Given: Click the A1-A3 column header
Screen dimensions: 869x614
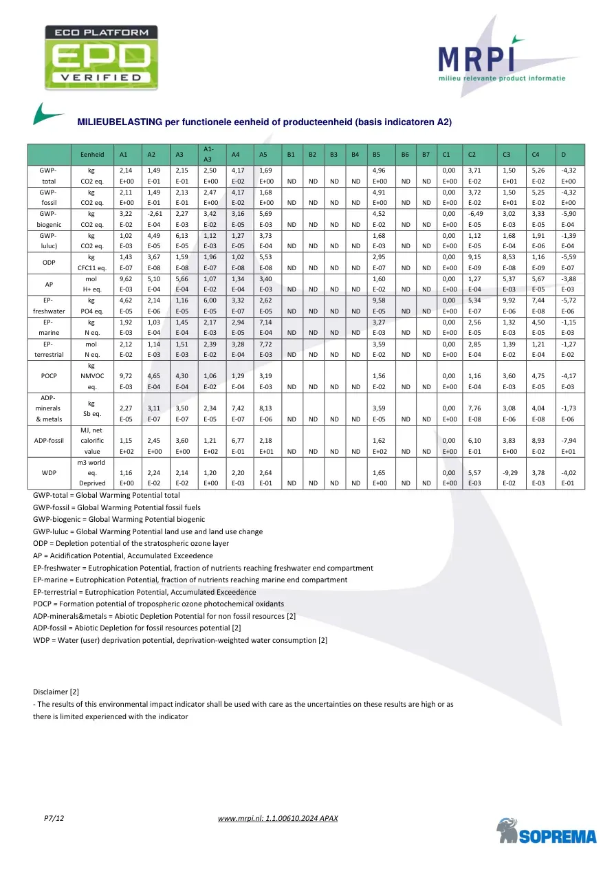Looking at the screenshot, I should (x=210, y=154).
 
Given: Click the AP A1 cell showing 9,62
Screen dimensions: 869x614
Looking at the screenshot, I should (x=126, y=280).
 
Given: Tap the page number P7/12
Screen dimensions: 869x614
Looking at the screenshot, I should (x=54, y=818).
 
